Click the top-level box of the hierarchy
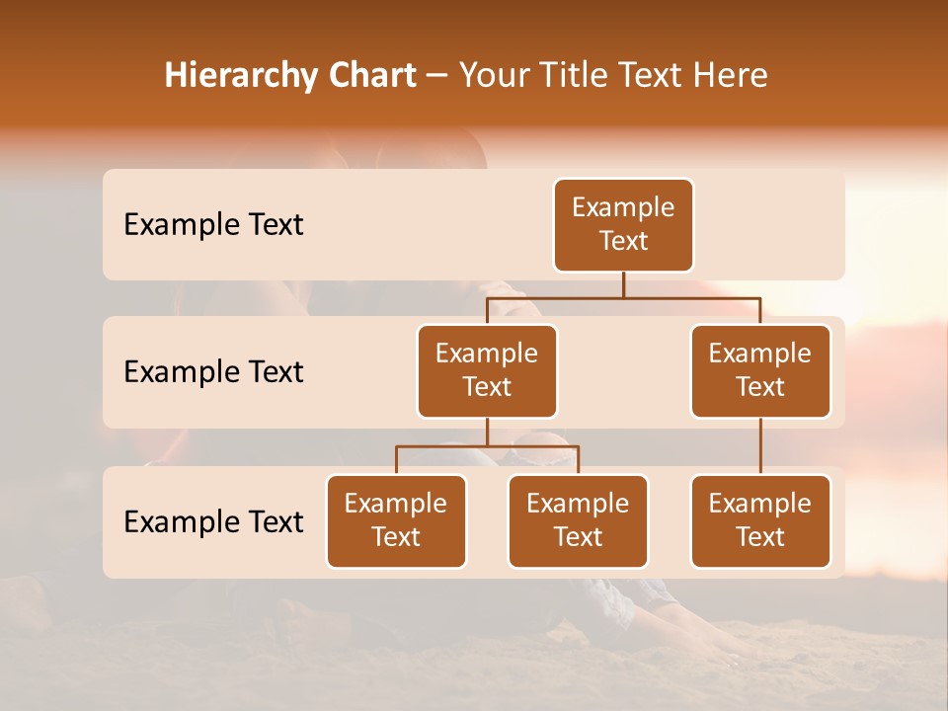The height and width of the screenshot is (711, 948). [623, 225]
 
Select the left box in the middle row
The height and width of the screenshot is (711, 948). [487, 371]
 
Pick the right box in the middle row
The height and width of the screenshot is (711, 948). [760, 371]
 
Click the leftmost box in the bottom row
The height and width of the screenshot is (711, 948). [396, 521]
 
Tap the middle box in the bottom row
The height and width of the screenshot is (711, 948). [578, 521]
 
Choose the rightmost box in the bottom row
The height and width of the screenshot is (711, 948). [760, 521]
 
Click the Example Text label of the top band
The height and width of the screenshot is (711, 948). [213, 225]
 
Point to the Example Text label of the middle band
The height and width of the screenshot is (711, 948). [213, 372]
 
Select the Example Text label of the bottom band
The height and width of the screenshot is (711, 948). [213, 522]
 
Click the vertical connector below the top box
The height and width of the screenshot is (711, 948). [623, 284]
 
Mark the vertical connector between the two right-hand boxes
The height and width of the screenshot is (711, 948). [760, 446]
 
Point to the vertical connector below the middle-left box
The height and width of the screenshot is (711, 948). [487, 432]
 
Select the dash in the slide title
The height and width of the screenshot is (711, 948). [436, 76]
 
